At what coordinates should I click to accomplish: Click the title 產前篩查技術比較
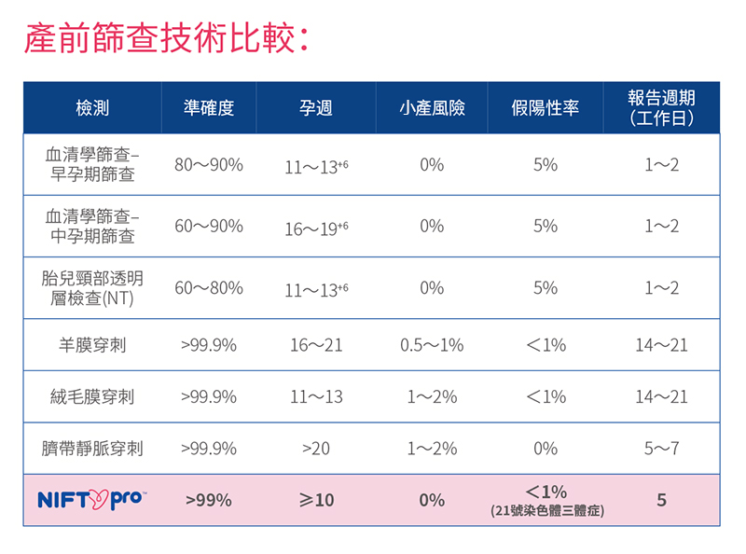(x=164, y=40)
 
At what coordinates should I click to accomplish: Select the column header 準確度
(x=209, y=108)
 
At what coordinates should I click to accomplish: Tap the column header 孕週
(x=316, y=108)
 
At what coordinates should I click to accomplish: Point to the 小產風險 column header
(x=432, y=108)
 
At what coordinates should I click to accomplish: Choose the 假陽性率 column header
(x=546, y=108)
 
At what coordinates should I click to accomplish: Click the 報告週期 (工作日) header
(x=661, y=108)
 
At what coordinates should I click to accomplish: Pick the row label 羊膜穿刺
(x=92, y=345)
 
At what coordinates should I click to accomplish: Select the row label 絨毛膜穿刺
(x=92, y=396)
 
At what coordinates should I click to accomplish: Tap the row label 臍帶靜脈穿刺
(x=92, y=449)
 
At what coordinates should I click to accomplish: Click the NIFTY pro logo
(x=92, y=500)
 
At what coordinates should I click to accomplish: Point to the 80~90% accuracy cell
(x=209, y=165)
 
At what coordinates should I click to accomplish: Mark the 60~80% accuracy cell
(x=209, y=288)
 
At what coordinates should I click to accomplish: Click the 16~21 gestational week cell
(x=316, y=345)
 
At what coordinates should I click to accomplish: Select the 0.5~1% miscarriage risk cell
(x=432, y=345)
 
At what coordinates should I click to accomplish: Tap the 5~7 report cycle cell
(x=661, y=449)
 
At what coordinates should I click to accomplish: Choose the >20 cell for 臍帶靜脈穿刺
(x=316, y=449)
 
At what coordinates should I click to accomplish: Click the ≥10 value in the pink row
(x=316, y=500)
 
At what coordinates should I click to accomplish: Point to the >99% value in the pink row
(x=209, y=500)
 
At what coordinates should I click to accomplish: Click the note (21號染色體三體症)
(x=546, y=511)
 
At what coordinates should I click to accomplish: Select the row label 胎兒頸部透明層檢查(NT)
(x=92, y=288)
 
